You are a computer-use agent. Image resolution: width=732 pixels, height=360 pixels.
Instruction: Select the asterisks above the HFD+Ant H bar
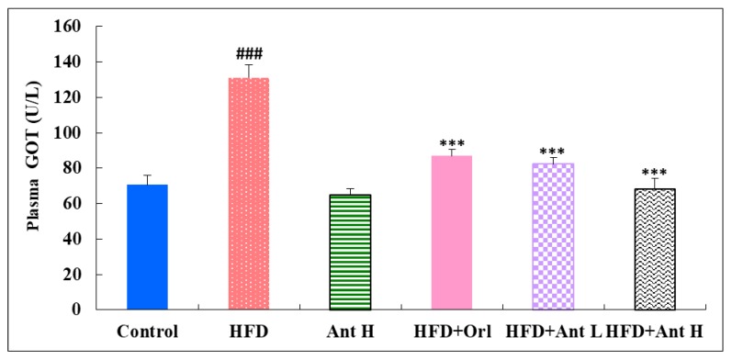pos(656,172)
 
